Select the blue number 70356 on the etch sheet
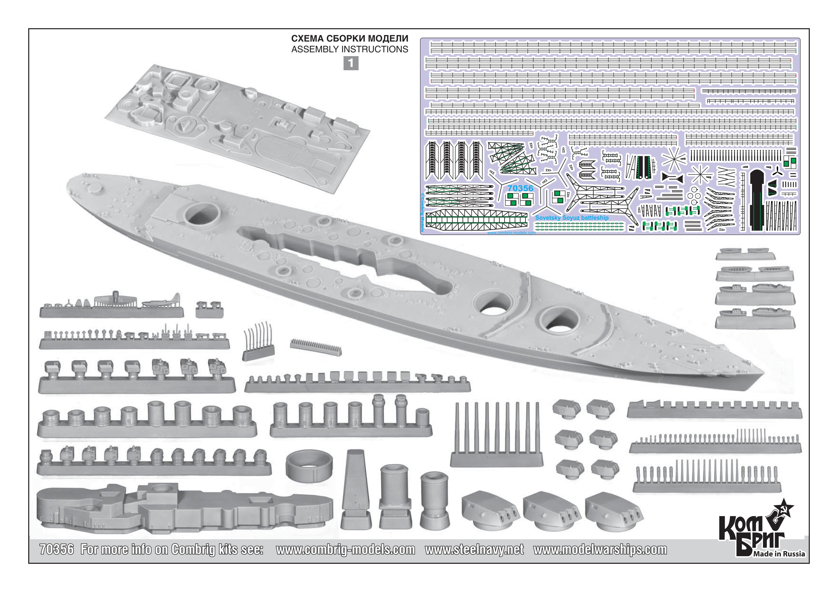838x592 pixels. click(x=520, y=188)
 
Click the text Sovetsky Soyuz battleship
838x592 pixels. click(x=572, y=218)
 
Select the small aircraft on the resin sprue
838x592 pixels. click(x=161, y=301)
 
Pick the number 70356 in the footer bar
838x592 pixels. click(x=57, y=549)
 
